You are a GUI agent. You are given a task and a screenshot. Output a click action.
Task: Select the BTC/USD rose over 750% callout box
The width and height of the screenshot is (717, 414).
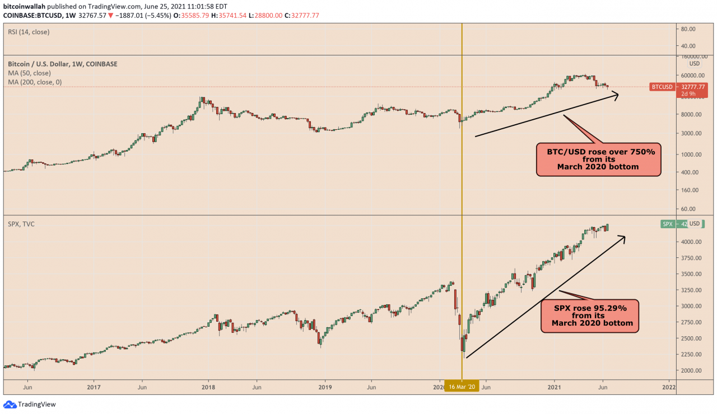click(x=598, y=159)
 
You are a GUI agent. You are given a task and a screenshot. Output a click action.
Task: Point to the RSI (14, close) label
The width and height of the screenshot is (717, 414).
click(x=29, y=32)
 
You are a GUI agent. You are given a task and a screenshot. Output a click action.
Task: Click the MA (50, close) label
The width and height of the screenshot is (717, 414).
click(x=29, y=73)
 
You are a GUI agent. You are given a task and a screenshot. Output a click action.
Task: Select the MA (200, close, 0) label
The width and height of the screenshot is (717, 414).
click(x=35, y=83)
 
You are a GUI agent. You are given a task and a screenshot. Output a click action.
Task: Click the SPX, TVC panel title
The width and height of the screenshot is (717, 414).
click(x=21, y=224)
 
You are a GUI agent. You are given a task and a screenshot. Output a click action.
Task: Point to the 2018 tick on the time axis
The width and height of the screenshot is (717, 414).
click(x=208, y=387)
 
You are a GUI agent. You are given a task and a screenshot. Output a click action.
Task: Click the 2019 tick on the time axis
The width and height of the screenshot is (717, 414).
click(x=325, y=387)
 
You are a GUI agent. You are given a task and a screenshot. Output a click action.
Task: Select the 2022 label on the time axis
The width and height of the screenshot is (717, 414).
click(x=668, y=387)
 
